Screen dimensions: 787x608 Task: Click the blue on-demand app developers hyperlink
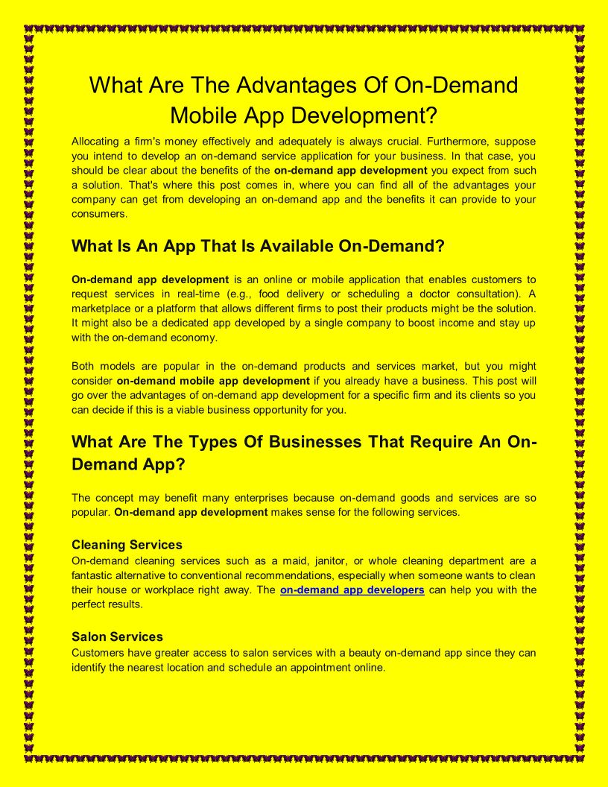(x=352, y=590)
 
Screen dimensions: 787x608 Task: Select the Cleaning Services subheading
(x=127, y=545)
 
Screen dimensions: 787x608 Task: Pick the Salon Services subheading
(x=117, y=636)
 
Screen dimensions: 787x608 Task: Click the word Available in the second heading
(x=288, y=246)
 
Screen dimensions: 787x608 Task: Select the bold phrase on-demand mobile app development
(x=213, y=381)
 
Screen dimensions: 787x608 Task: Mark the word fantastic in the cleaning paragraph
(x=95, y=575)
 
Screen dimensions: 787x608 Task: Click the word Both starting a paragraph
(x=83, y=366)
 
